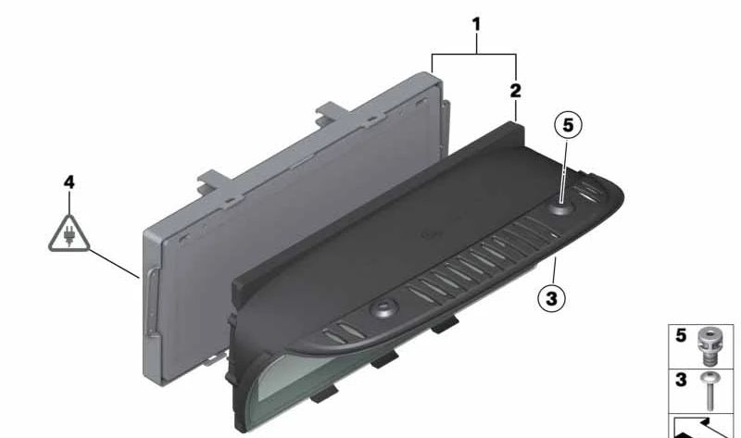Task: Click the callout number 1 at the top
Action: (x=476, y=24)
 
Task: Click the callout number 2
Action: (x=516, y=91)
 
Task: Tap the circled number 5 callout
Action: (x=568, y=125)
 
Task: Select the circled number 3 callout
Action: (x=551, y=298)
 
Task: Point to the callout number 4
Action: (x=69, y=182)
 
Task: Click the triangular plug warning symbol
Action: (x=69, y=235)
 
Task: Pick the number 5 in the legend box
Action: (x=681, y=335)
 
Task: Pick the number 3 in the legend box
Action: (x=681, y=380)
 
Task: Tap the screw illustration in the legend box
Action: (x=709, y=391)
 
